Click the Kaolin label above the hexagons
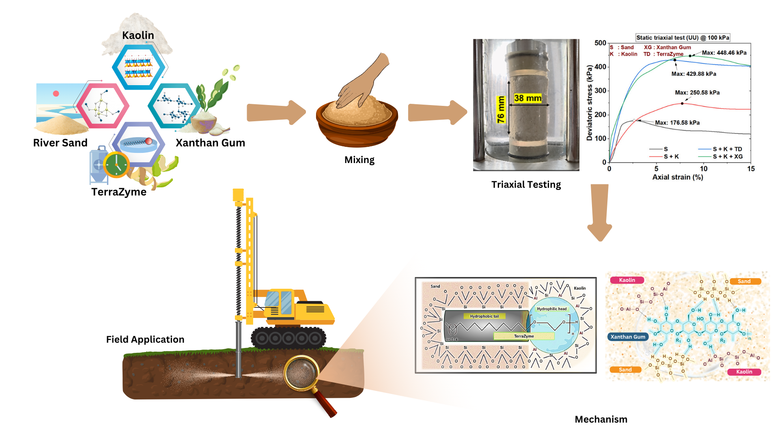138,36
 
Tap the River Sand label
60,143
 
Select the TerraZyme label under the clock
119,192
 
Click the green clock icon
116,165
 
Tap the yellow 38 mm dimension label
527,98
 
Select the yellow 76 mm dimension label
501,109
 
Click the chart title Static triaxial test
682,38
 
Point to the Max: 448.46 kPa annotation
724,53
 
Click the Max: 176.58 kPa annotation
677,122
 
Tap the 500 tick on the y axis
600,43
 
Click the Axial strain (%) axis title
678,177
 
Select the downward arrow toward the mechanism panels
600,213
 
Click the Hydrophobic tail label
484,316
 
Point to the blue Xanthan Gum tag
628,337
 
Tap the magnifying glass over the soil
301,372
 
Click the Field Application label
145,339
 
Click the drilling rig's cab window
280,302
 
